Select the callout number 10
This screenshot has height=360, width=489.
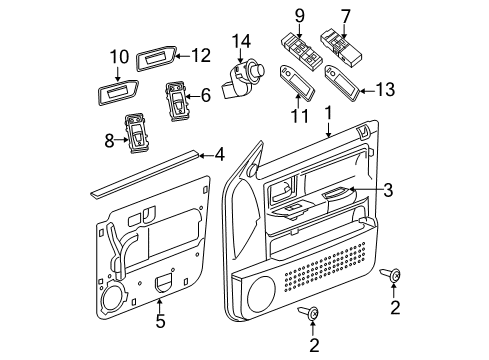(119, 56)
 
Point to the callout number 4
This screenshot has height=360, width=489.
(218, 155)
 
